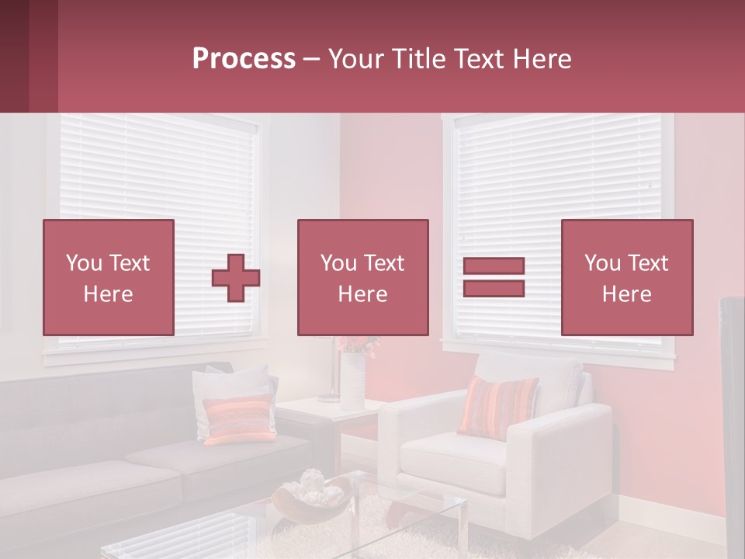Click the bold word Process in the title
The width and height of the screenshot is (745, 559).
coord(244,59)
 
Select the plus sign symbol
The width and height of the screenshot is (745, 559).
coord(236,278)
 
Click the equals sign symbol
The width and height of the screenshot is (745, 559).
coord(494,277)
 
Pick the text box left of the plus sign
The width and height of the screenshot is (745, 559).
coord(109,278)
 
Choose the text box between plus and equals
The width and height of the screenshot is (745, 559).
coord(362,278)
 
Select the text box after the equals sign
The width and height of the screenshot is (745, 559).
coord(626,278)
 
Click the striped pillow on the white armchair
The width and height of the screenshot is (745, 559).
coord(498,405)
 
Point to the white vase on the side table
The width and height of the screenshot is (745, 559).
coord(352,380)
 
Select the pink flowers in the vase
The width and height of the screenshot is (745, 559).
coord(359,344)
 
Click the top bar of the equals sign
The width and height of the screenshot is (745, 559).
coord(494,266)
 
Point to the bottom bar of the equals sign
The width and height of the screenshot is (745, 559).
coord(494,288)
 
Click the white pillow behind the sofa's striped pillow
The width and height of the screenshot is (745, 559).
coord(225,384)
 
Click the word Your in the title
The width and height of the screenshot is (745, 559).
coord(356,59)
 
